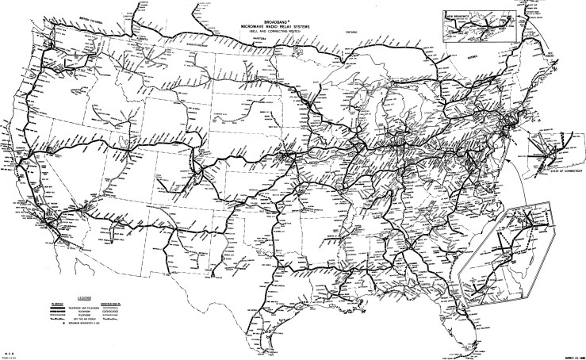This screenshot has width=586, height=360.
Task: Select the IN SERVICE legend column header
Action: [50, 302]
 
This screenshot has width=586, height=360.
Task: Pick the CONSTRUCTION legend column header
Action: [103, 302]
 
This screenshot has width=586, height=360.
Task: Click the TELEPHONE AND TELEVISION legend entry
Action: [77, 308]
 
